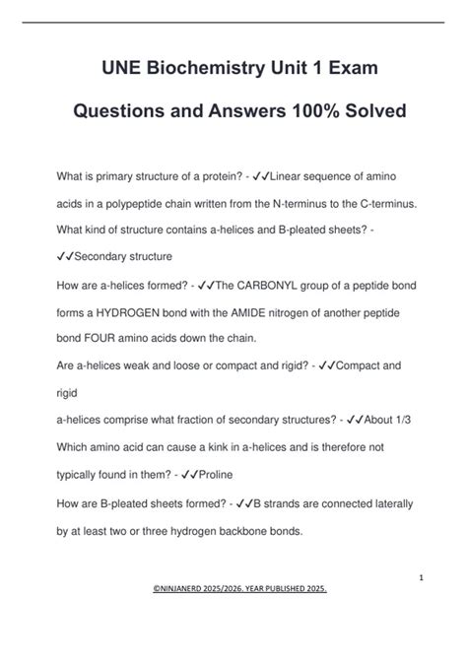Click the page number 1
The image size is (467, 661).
420,577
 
